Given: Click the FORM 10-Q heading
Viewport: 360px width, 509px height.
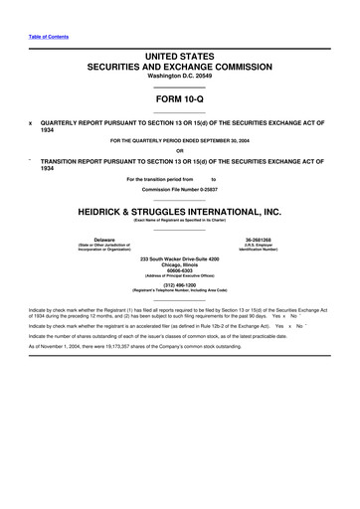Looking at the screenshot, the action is coord(179,99).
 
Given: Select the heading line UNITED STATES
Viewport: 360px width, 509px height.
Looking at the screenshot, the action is coord(180,61).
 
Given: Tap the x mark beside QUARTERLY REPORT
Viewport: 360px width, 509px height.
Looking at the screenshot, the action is coord(29,122).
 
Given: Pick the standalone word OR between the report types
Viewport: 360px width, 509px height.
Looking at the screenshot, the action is coord(180,152).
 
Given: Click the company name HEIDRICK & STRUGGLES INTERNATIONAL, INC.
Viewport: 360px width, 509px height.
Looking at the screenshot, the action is coord(180,212).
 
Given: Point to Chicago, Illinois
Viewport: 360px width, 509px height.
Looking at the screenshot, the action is coord(180,265).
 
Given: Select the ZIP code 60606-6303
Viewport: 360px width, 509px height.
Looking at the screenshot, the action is coord(180,272).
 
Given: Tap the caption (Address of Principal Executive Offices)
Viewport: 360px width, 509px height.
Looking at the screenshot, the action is coord(180,278).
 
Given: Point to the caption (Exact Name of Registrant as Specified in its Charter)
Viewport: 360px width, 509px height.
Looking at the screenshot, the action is coord(180,221).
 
